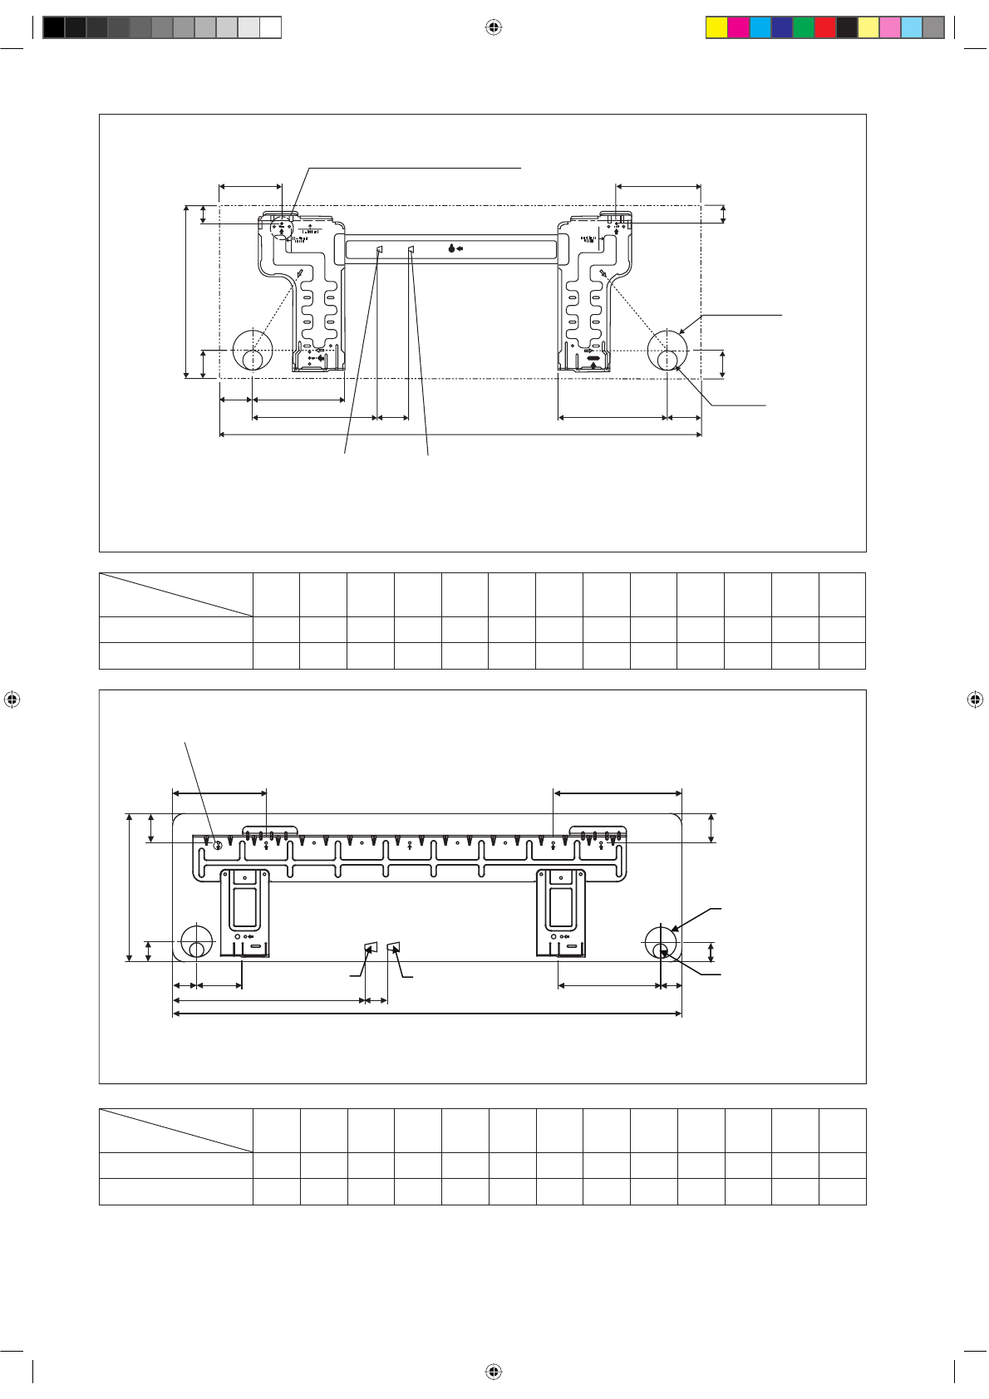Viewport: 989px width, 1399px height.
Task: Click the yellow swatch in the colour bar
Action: [716, 28]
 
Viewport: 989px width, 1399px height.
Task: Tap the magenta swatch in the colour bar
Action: [738, 28]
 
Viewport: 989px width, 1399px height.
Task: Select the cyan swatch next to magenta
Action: [760, 28]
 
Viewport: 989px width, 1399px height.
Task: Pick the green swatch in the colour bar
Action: [804, 28]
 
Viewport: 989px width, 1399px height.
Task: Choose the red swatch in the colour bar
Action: [825, 28]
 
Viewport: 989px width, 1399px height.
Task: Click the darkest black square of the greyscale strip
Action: [54, 28]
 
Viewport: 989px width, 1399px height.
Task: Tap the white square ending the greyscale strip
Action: [270, 28]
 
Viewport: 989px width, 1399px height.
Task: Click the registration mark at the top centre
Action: [494, 28]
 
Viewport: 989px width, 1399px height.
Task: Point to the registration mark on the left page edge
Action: [12, 699]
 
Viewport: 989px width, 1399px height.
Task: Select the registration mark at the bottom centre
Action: [494, 1371]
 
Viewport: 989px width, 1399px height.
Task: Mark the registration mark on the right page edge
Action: [976, 699]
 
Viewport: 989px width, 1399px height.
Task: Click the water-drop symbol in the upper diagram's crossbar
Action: [451, 248]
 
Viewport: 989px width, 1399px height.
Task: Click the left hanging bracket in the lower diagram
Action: [245, 911]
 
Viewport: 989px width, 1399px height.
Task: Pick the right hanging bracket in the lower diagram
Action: [562, 911]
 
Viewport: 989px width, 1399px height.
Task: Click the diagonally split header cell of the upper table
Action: [175, 595]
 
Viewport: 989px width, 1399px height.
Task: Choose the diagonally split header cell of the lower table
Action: [175, 1130]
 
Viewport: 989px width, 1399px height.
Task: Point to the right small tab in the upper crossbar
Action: [411, 249]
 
